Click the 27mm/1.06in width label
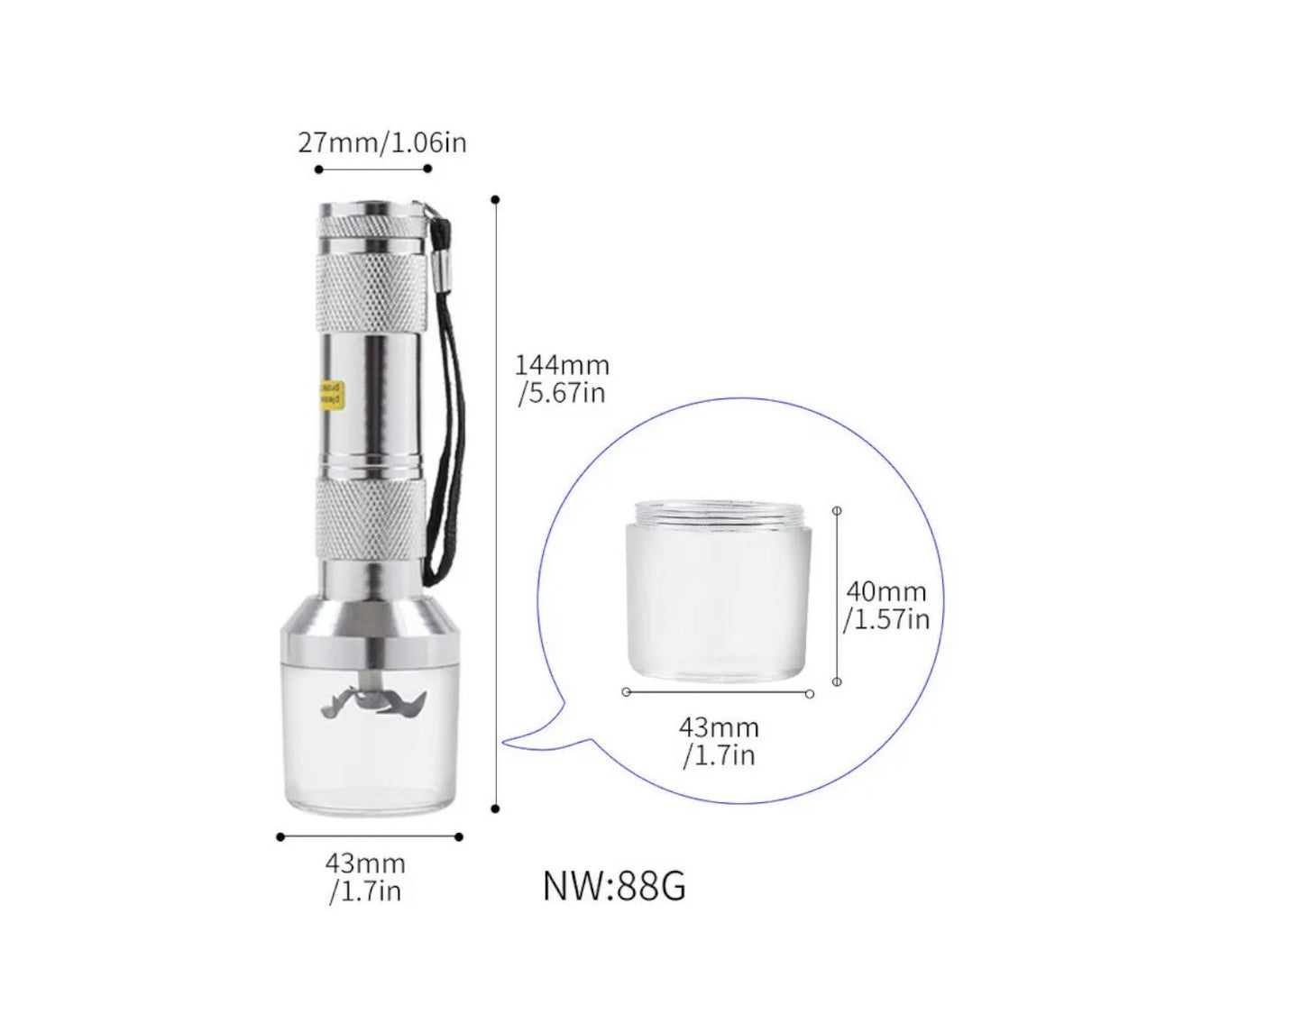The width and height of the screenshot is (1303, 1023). click(382, 142)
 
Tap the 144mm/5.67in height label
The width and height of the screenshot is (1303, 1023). click(562, 379)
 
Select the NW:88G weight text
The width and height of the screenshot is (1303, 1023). click(614, 886)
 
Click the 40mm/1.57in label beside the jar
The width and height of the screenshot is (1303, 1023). click(885, 606)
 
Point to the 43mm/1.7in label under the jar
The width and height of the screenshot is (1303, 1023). click(719, 741)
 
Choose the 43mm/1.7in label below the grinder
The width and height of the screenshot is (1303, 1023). click(365, 877)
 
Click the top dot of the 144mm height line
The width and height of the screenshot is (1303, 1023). click(495, 199)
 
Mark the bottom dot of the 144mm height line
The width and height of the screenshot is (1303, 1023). click(495, 808)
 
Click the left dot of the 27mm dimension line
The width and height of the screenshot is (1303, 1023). click(318, 169)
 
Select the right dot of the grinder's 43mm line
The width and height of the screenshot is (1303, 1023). click(459, 836)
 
